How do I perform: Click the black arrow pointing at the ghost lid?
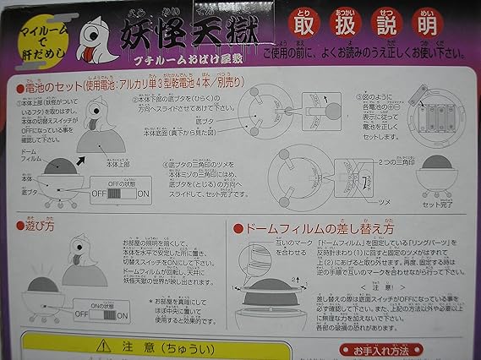coord(88,154)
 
